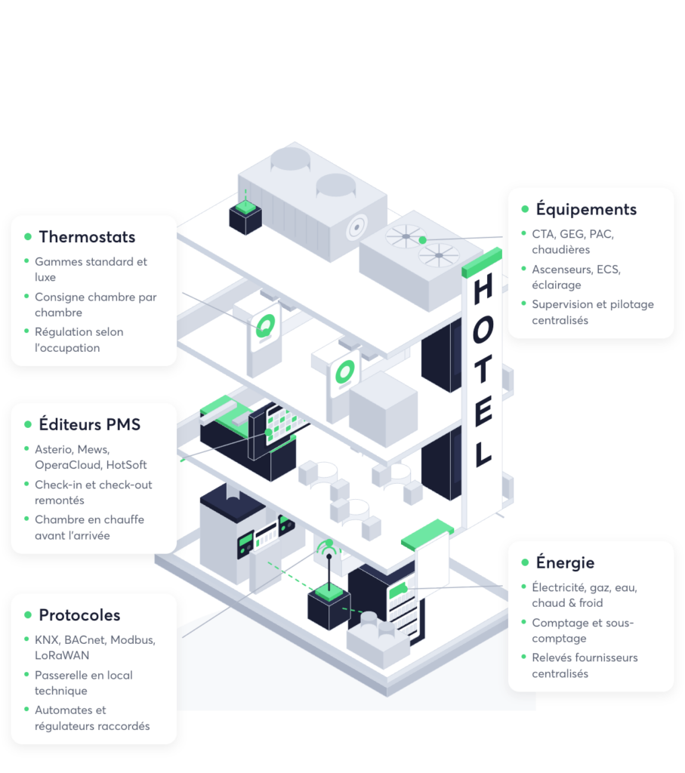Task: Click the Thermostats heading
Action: point(87,237)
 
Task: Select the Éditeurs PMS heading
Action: point(90,424)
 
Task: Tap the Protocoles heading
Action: point(79,615)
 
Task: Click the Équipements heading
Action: point(586,209)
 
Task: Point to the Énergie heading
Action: point(565,562)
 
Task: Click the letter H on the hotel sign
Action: point(483,288)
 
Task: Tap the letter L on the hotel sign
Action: point(483,454)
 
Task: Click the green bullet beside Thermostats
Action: point(28,237)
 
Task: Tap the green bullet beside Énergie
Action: point(525,562)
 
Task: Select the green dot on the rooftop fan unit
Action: point(423,240)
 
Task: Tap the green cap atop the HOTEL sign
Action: point(482,262)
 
